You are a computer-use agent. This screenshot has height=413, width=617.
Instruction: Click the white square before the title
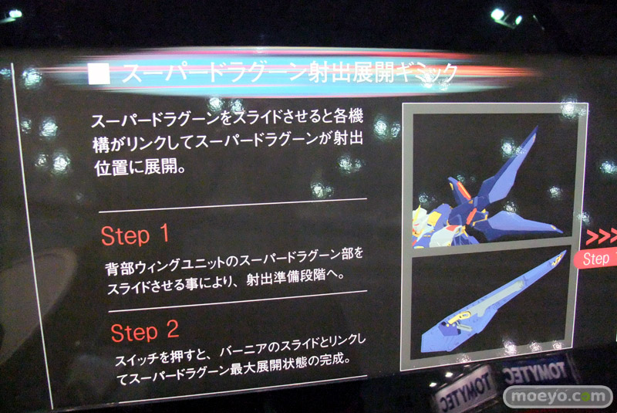(99, 73)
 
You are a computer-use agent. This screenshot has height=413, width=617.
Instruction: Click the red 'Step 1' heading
(135, 235)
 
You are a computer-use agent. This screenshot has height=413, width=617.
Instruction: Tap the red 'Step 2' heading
(145, 331)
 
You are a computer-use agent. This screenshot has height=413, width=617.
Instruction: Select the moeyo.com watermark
(558, 397)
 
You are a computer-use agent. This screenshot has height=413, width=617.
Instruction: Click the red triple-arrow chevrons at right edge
(601, 236)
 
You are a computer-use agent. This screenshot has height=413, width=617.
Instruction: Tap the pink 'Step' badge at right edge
(595, 259)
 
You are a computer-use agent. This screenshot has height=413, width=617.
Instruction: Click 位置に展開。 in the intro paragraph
(140, 168)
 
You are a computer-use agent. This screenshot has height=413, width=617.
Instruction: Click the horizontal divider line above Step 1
(233, 205)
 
